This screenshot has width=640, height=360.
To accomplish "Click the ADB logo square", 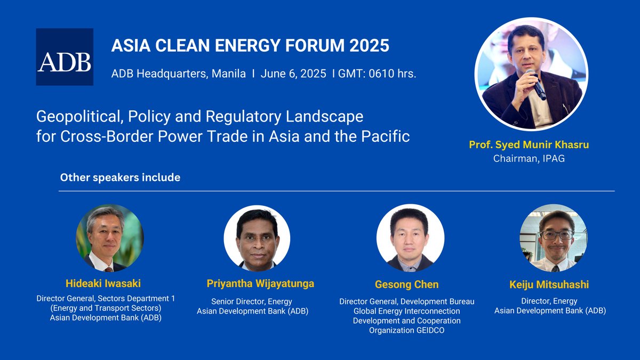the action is (x=65, y=57).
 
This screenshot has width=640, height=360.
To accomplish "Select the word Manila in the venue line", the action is (x=229, y=74).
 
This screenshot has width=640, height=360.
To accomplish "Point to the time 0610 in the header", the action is (x=381, y=74).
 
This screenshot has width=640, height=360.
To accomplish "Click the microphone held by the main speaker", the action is (x=536, y=85).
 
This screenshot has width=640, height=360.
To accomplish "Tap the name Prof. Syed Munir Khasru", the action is (x=529, y=145).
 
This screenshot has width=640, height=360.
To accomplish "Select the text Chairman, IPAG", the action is (x=529, y=158).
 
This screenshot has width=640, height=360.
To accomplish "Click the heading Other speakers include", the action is (x=120, y=178).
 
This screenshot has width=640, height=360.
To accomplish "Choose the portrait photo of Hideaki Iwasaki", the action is (x=110, y=238).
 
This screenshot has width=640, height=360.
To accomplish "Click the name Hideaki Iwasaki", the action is (x=103, y=283).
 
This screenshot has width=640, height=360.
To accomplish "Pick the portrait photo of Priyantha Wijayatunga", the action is (x=257, y=238).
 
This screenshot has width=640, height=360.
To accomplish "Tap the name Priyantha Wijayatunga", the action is (x=260, y=284).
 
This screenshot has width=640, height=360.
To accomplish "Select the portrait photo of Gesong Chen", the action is (x=410, y=238).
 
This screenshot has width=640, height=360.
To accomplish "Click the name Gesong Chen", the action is (x=406, y=285).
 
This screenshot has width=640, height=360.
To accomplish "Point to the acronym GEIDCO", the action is (x=430, y=330).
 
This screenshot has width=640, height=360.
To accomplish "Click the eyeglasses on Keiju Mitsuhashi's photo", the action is (x=557, y=235).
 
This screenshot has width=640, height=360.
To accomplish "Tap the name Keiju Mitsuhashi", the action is (x=549, y=285).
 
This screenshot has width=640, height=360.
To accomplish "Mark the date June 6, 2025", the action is (x=293, y=74).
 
